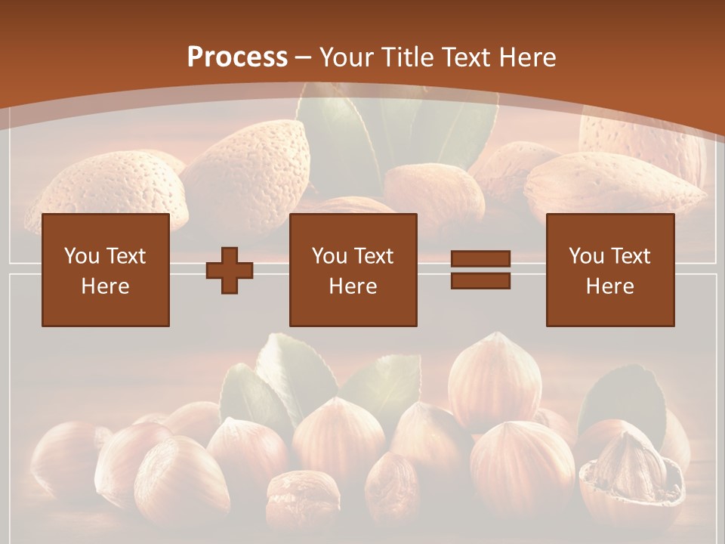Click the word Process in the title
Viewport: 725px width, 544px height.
tap(237, 57)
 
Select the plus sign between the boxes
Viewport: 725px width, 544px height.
tap(230, 270)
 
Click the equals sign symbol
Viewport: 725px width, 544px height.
tap(481, 270)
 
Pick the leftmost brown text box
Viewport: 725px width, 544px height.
tap(105, 270)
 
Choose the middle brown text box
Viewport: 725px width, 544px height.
tap(353, 270)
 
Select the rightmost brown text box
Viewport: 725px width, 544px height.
tap(609, 270)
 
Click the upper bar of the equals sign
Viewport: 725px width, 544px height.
tap(481, 260)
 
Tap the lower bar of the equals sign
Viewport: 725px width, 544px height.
tap(481, 280)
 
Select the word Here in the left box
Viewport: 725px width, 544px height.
tap(105, 286)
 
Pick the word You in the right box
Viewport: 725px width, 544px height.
tap(586, 256)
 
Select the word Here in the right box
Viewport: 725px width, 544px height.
tap(609, 286)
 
